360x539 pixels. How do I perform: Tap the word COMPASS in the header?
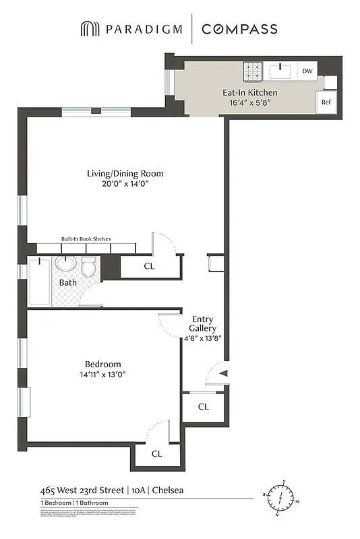click(x=239, y=29)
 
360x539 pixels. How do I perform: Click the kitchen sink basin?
click(x=280, y=70)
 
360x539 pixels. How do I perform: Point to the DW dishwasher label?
click(x=307, y=71)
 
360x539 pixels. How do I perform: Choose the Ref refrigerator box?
click(x=326, y=102)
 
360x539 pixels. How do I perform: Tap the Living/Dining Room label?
click(x=125, y=173)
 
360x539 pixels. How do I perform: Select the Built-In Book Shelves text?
click(x=86, y=239)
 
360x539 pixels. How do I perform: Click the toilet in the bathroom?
click(x=88, y=267)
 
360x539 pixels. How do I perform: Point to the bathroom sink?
click(x=65, y=263)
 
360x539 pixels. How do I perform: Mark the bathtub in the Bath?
click(x=38, y=281)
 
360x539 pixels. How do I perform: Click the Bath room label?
click(x=67, y=282)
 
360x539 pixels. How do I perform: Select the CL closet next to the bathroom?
click(x=149, y=266)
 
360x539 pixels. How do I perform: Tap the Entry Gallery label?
click(x=204, y=323)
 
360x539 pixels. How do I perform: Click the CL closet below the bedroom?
click(x=156, y=453)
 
